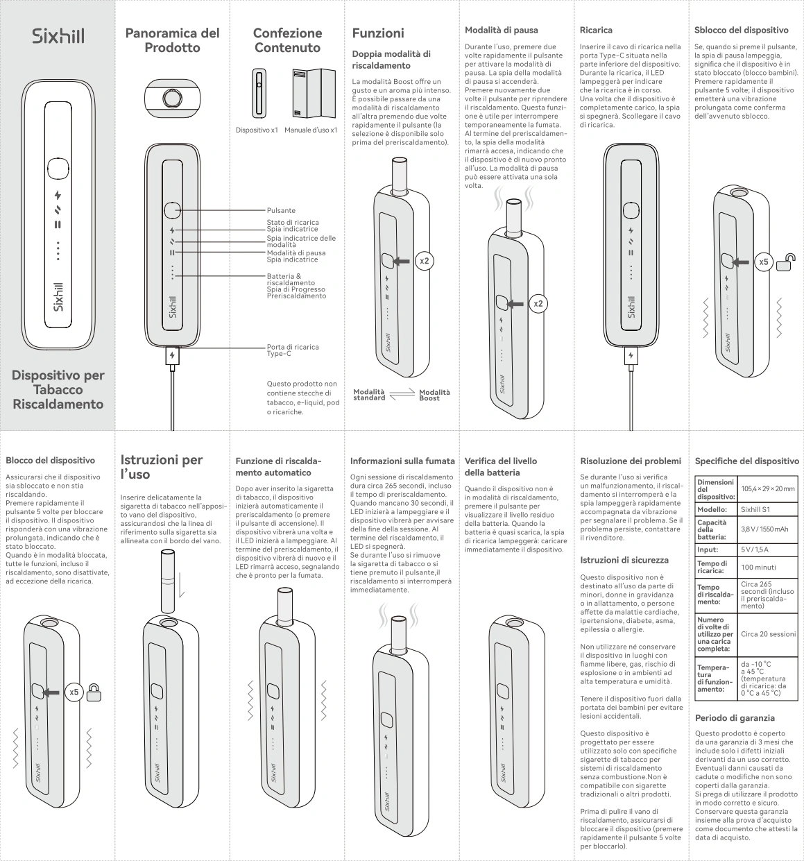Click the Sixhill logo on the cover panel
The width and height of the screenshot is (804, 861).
[x=58, y=36]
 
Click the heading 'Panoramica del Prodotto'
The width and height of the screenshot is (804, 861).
[x=172, y=40]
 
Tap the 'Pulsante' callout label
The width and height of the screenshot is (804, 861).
[x=281, y=210]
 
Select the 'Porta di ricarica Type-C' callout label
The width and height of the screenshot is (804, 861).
[x=293, y=350]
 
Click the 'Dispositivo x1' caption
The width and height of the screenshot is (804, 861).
[x=257, y=130]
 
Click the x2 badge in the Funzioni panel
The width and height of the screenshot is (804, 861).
[x=425, y=261]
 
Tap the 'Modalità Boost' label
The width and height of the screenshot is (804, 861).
[x=434, y=395]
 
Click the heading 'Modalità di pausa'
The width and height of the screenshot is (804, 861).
[x=501, y=30]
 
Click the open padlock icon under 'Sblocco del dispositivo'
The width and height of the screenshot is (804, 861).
[x=785, y=263]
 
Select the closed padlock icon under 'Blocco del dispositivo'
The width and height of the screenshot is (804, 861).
[x=94, y=692]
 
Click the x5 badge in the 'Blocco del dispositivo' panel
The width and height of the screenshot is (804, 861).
[x=74, y=692]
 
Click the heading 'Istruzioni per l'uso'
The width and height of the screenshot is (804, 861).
[x=162, y=467]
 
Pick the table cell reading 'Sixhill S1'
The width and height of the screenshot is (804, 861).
[x=755, y=509]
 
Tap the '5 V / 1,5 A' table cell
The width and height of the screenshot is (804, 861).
[x=755, y=549]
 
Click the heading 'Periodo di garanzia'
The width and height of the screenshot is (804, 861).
[x=735, y=717]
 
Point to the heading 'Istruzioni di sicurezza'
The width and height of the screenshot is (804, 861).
[x=624, y=559]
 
